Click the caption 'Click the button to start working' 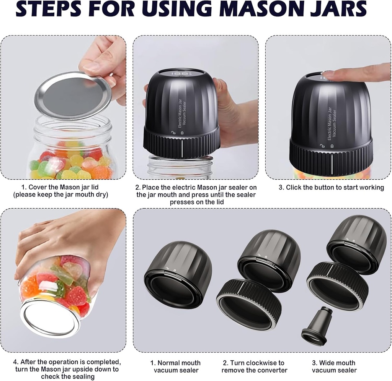tap(331, 187)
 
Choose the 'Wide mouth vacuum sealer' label tap(334, 366)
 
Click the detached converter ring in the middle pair tap(249, 304)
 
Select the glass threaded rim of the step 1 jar tap(73, 128)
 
